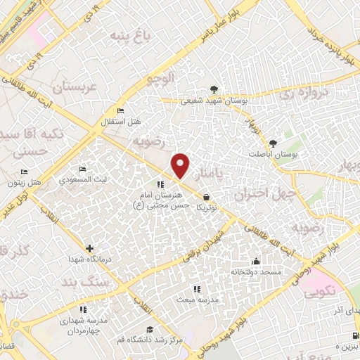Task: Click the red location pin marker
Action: point(181,165)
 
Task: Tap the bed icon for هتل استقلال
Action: point(120,111)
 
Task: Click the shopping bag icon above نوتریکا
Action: point(206,198)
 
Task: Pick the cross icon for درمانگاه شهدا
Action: point(89,248)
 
